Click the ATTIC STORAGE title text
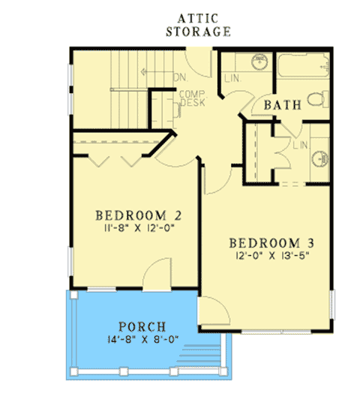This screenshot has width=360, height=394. pos(197,26)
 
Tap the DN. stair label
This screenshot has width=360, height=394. pos(181,75)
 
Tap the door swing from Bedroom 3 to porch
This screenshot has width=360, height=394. pos(213,309)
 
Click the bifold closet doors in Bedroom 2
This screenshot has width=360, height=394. pos(112,158)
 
